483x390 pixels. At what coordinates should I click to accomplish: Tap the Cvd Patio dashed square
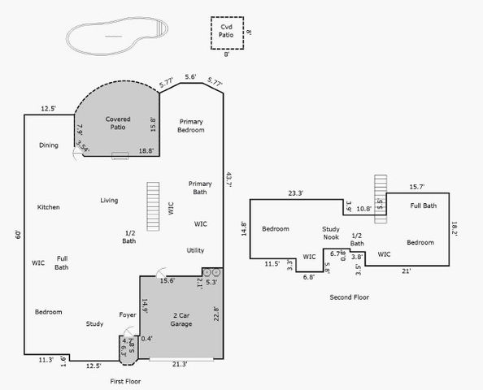[227, 33]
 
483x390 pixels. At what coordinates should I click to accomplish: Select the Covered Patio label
[118, 123]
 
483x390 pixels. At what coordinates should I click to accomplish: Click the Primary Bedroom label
[191, 125]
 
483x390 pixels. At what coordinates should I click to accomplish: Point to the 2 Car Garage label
[181, 318]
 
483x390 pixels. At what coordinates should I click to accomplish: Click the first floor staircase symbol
[152, 208]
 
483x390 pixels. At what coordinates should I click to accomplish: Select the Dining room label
[49, 145]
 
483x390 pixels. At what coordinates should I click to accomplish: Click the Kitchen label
[48, 207]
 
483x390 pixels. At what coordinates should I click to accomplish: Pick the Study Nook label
[330, 233]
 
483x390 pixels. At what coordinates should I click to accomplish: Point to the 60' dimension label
[18, 235]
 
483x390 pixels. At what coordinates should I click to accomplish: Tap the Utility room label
[195, 250]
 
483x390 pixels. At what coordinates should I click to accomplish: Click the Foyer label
[128, 314]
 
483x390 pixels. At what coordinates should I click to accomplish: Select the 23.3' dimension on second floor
[295, 193]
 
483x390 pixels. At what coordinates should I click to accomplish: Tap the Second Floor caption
[349, 297]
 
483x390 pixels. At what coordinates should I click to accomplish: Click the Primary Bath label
[200, 188]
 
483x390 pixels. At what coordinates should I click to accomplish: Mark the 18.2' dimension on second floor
[455, 229]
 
